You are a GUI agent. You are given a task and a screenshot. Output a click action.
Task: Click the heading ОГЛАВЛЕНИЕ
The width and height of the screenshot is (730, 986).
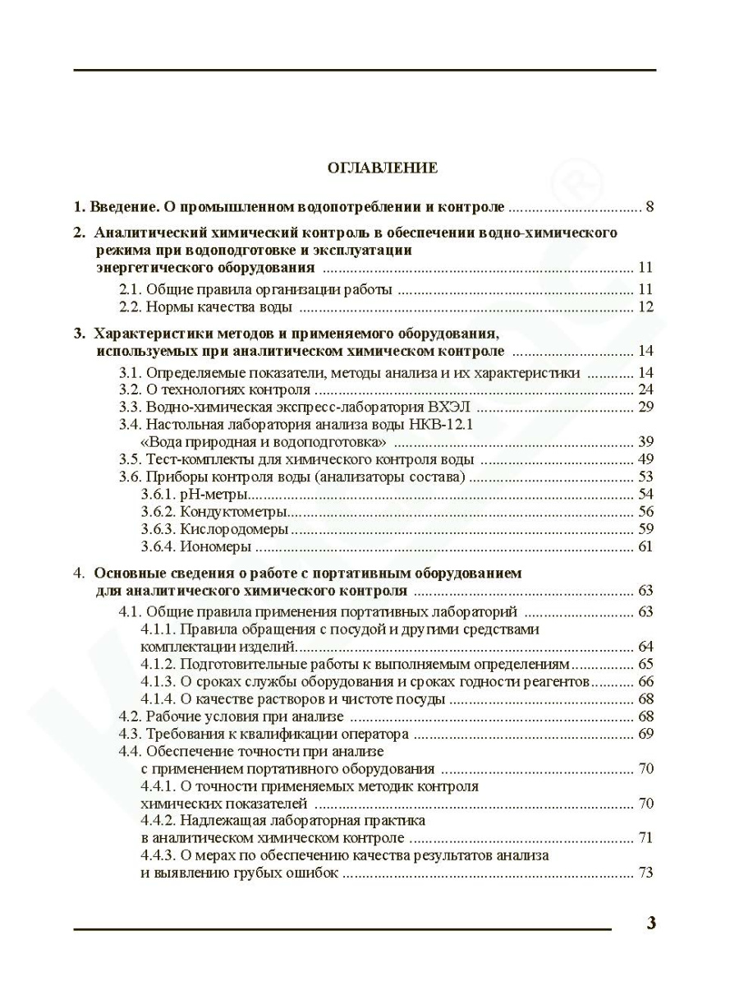tap(382, 168)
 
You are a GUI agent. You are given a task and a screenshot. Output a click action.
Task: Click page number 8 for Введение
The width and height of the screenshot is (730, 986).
tap(650, 206)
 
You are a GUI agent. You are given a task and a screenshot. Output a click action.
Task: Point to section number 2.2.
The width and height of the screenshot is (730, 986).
tap(131, 308)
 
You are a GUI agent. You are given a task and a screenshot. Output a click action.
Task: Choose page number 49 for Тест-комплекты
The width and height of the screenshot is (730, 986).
tap(645, 459)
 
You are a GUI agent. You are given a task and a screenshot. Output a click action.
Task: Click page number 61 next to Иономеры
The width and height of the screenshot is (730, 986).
tap(645, 546)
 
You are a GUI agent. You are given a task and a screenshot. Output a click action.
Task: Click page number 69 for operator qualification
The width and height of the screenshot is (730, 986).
tap(645, 734)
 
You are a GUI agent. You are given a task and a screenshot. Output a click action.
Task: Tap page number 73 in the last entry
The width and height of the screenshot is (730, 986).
tap(645, 873)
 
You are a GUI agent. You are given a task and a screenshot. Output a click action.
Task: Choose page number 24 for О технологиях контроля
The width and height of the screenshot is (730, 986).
tap(645, 389)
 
